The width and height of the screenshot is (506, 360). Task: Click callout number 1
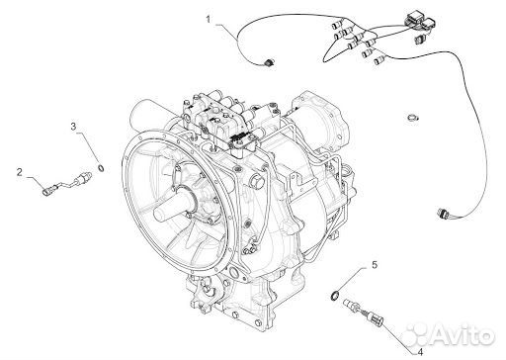point(209,20)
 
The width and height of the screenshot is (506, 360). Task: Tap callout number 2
point(20,172)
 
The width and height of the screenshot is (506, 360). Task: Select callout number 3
point(73,127)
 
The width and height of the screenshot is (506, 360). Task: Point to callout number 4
point(419,352)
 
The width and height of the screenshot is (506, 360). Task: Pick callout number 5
point(375,265)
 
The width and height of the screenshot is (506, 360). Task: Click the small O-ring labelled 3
point(102,168)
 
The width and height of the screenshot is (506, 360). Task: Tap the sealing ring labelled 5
point(334,296)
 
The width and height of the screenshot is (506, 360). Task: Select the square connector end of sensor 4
point(377,317)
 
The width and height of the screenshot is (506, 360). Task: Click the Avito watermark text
point(463,335)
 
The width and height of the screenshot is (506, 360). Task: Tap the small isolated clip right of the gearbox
point(412,117)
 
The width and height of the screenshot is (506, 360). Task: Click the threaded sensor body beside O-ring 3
point(82,177)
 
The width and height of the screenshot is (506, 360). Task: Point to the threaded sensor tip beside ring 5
point(350,304)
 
